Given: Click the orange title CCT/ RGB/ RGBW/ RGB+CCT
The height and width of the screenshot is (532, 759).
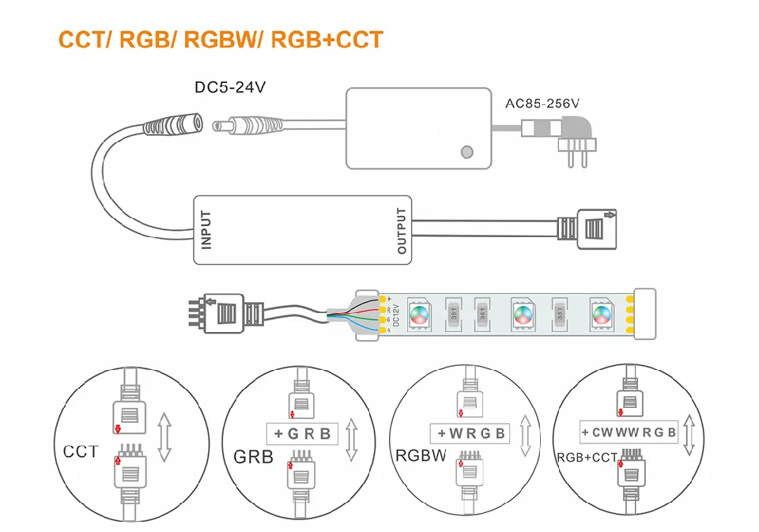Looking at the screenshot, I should click(221, 40).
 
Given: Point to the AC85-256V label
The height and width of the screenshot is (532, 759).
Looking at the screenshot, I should click(542, 103).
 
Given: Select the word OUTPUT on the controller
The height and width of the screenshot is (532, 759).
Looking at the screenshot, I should click(402, 230).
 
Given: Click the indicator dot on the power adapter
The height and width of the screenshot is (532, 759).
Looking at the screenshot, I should click(467, 151).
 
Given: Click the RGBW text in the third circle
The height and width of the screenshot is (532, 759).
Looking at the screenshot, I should click(421, 455).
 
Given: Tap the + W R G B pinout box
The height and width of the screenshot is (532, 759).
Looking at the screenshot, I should click(470, 433).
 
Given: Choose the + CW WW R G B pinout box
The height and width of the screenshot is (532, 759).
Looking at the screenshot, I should click(629, 432).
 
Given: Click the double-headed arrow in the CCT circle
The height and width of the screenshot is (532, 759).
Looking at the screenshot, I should click(164, 436).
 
